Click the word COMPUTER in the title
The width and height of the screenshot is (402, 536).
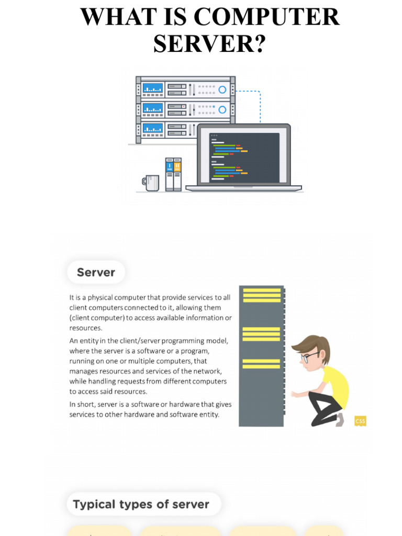pos(267,17)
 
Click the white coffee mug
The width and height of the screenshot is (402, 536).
pos(151,183)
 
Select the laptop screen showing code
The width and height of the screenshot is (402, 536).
pos(244,157)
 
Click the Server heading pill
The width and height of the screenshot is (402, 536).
pos(96,272)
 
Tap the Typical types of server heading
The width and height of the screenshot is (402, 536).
pos(141,505)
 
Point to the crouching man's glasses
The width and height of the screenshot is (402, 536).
pos(309,357)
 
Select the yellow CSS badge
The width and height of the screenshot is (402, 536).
pos(360,420)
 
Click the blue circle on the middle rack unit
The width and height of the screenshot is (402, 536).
pos(222,109)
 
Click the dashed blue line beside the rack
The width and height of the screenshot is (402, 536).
pos(260,105)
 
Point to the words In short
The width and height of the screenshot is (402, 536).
pos(80,404)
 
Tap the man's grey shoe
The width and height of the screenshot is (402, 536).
pos(339,419)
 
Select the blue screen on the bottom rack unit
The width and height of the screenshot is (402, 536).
pos(153,128)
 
